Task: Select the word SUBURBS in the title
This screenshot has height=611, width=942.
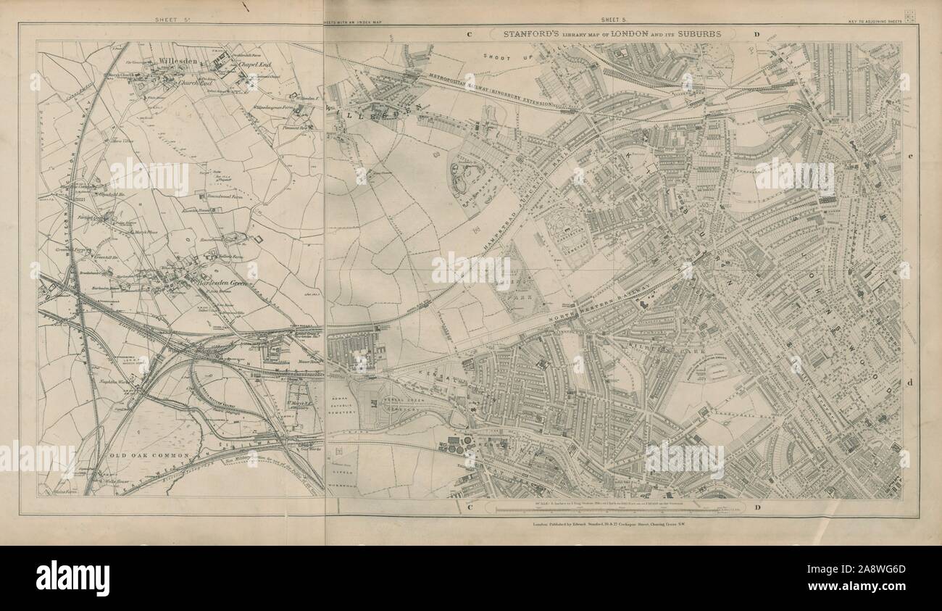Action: [x=709, y=33]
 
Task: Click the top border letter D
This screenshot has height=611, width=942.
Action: [x=755, y=34]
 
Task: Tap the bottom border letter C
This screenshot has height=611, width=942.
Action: [x=470, y=507]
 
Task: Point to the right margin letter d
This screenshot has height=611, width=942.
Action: [x=910, y=382]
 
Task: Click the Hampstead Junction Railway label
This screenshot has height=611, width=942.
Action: [x=522, y=210]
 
